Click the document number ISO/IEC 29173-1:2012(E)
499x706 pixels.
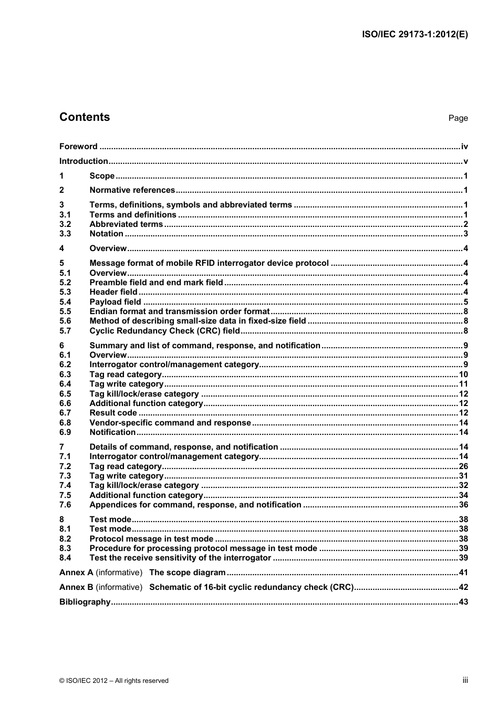tap(414, 35)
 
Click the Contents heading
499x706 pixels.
tap(85, 117)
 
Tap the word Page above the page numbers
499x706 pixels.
tap(458, 118)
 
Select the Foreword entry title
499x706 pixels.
tap(78, 147)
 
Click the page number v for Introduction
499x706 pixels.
tap(465, 161)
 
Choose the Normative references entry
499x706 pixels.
tap(132, 190)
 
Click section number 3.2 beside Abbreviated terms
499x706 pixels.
tap(65, 224)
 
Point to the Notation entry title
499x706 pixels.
tap(106, 234)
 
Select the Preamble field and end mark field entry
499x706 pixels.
tap(156, 283)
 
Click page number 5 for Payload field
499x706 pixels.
tap(465, 302)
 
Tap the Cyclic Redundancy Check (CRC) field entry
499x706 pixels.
tap(164, 331)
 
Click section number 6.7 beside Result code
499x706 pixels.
tap(65, 413)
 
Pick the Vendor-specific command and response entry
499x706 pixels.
tap(170, 423)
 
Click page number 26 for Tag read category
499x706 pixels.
tap(463, 466)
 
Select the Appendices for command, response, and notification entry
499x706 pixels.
tap(195, 505)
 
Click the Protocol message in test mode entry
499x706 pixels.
tap(151, 539)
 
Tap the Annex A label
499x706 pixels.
tap(76, 573)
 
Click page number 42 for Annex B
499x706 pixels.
tap(463, 587)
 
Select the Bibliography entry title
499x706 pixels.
tap(85, 602)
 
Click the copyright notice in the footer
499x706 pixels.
tap(114, 681)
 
